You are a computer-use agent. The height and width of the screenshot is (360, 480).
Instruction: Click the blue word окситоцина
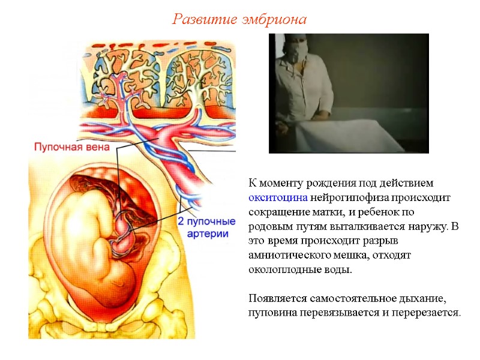[x=278, y=197]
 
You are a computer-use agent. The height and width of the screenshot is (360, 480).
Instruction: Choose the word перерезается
[x=427, y=313]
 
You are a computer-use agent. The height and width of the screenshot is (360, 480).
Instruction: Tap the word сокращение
[x=278, y=212]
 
